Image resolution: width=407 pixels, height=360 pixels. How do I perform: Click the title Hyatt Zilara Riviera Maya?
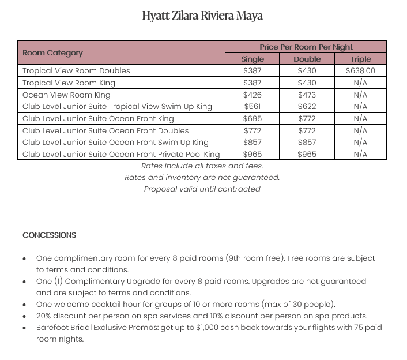(202, 16)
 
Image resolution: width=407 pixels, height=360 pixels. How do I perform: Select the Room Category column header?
(52, 53)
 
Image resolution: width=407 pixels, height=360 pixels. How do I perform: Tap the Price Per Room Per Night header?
(306, 47)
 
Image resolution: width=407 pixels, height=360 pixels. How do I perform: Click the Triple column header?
(360, 59)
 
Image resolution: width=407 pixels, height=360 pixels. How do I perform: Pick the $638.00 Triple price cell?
(360, 71)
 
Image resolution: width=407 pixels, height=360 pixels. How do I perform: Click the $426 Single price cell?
(252, 95)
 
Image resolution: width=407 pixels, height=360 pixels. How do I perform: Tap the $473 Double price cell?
(307, 95)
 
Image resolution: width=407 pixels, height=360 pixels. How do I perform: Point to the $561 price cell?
(252, 107)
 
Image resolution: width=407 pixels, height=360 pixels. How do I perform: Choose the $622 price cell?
(307, 107)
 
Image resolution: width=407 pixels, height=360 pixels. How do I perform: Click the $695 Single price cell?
(252, 118)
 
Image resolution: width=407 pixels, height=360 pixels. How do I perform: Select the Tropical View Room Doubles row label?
(76, 71)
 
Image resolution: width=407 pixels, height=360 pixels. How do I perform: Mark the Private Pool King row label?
(121, 154)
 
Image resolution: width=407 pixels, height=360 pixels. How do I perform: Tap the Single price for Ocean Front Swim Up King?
(252, 142)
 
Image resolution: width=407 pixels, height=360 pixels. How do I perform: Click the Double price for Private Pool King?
(307, 154)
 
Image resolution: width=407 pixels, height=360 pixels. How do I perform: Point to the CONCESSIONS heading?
(49, 235)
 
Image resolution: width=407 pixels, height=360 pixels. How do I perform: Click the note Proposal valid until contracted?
(202, 189)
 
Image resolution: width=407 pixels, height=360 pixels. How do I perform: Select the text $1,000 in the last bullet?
(224, 328)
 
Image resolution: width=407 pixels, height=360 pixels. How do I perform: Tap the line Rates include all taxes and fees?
(202, 166)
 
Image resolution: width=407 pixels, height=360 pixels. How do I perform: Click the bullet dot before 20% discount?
(24, 316)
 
